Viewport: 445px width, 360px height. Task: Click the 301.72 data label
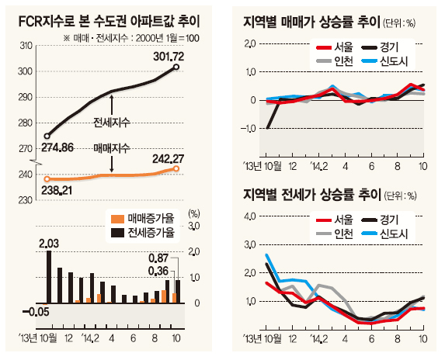pyautogui.click(x=169, y=57)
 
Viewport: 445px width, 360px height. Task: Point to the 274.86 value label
pyautogui.click(x=57, y=147)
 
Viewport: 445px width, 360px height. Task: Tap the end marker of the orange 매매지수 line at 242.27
pyautogui.click(x=176, y=168)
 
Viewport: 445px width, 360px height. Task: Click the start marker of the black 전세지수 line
pyautogui.click(x=47, y=136)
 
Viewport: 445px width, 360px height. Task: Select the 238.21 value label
pyautogui.click(x=57, y=191)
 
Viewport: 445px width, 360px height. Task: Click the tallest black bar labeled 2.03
pyautogui.click(x=49, y=277)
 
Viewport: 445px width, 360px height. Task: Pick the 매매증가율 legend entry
pyautogui.click(x=143, y=218)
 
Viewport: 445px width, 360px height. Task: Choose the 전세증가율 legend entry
pyautogui.click(x=143, y=233)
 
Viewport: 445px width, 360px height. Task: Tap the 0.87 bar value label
pyautogui.click(x=158, y=258)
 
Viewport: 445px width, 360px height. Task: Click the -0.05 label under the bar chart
pyautogui.click(x=36, y=312)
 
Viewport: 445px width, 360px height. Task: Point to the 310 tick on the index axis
pyautogui.click(x=26, y=46)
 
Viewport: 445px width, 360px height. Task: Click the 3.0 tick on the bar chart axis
pyautogui.click(x=194, y=226)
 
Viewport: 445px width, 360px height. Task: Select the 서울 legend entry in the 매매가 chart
pyautogui.click(x=335, y=47)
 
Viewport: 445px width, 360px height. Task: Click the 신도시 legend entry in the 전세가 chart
pyautogui.click(x=385, y=234)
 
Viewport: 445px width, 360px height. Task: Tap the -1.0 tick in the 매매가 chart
pyautogui.click(x=249, y=129)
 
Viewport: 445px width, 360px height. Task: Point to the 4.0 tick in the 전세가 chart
pyautogui.click(x=250, y=216)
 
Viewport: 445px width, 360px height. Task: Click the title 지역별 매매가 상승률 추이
pyautogui.click(x=311, y=22)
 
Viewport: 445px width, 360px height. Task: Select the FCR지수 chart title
pyautogui.click(x=109, y=21)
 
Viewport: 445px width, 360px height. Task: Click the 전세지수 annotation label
pyautogui.click(x=112, y=123)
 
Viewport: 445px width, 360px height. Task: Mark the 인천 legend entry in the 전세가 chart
pyautogui.click(x=335, y=234)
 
